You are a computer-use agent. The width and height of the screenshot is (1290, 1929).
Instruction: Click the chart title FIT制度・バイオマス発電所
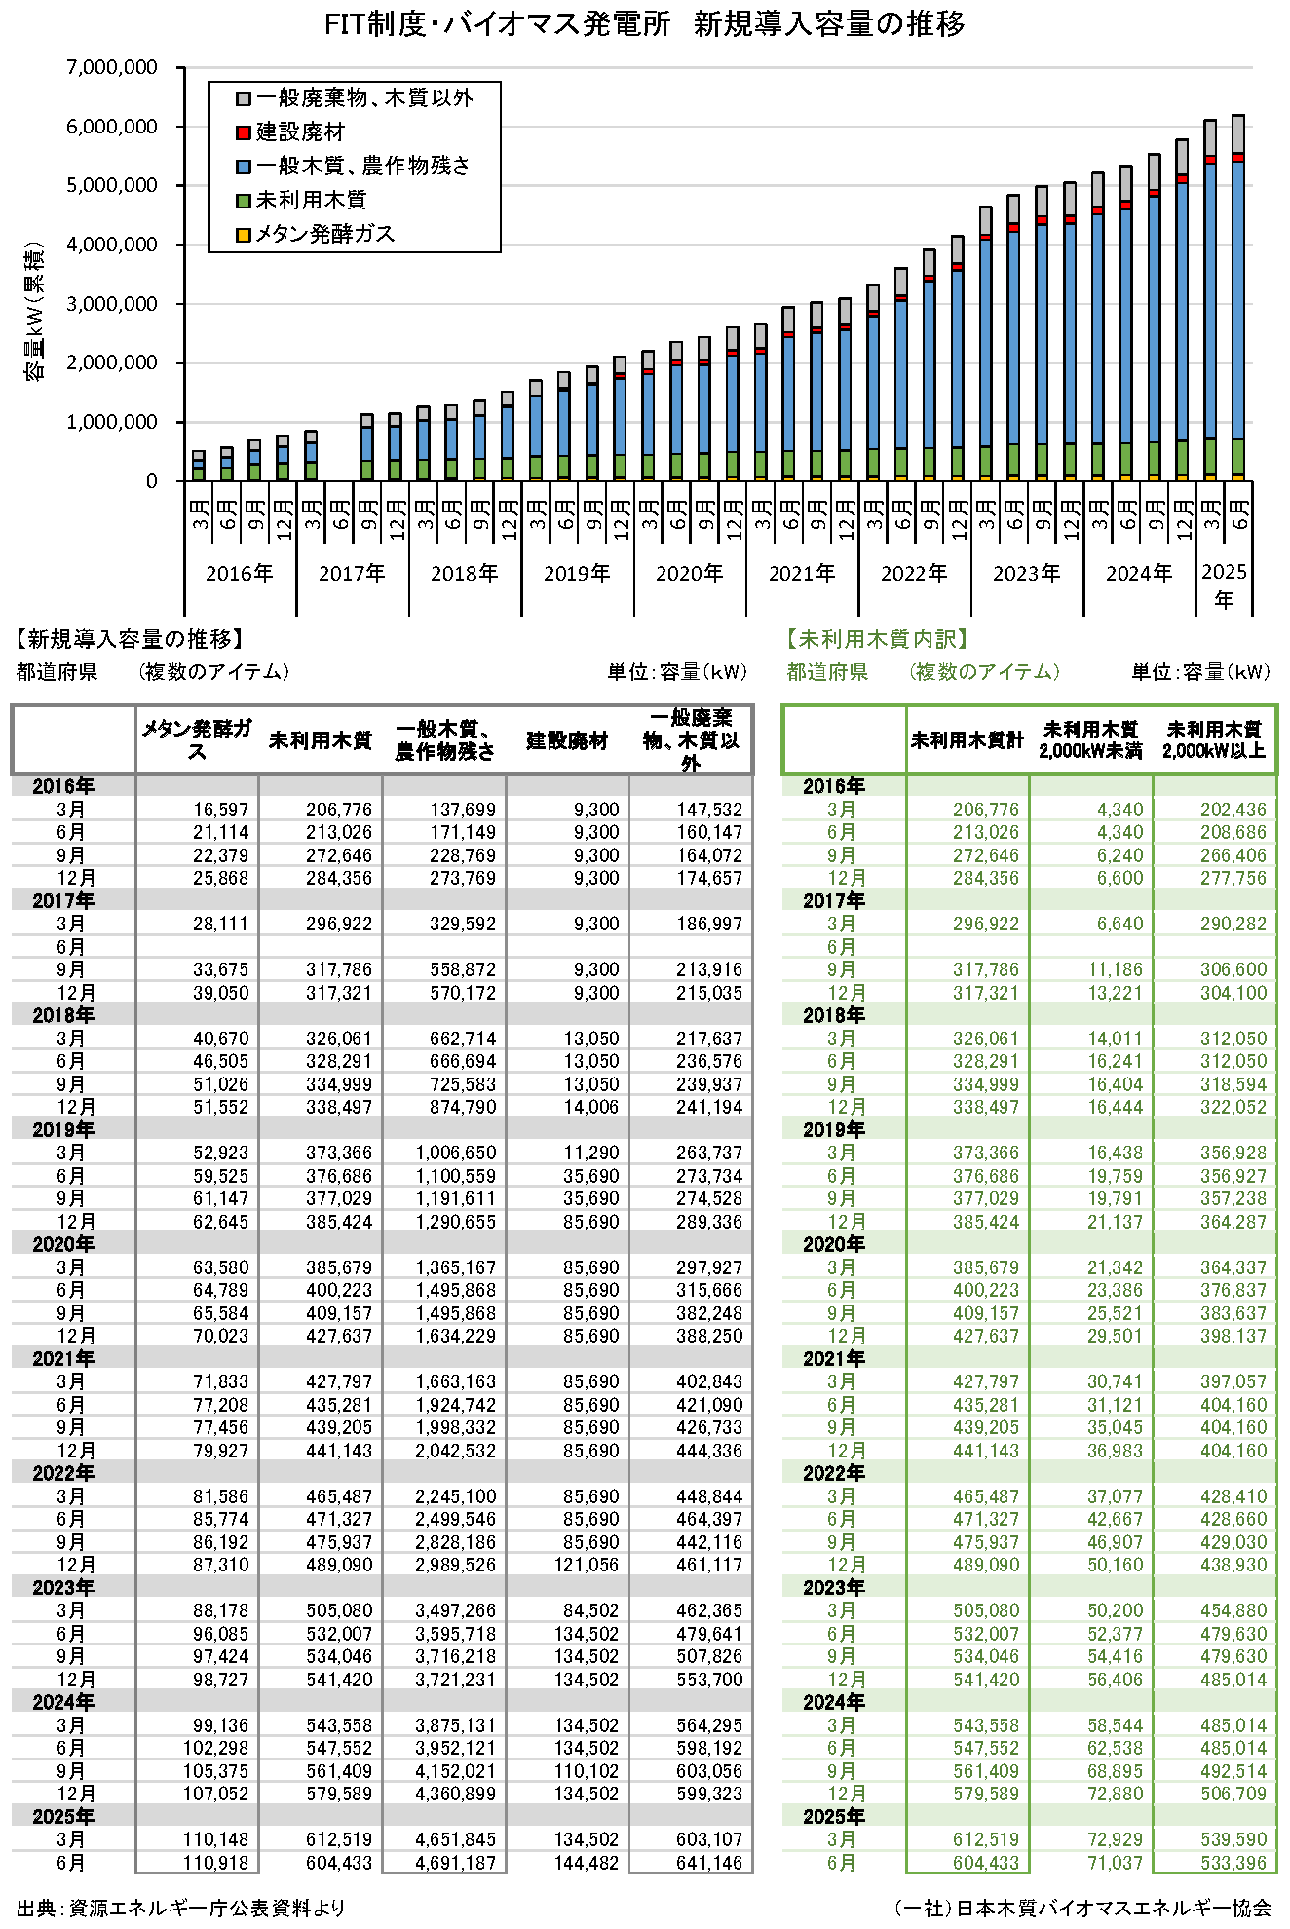pyautogui.click(x=497, y=24)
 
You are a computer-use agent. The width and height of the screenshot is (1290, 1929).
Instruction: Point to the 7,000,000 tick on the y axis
pyautogui.click(x=112, y=67)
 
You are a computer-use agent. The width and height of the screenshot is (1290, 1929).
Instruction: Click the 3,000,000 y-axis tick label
pyautogui.click(x=112, y=304)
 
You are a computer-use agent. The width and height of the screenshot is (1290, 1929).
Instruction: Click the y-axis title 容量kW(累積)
pyautogui.click(x=35, y=312)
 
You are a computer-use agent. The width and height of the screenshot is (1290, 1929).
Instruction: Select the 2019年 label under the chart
pyautogui.click(x=577, y=574)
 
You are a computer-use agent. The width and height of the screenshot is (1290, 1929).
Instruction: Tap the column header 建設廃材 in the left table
pyautogui.click(x=567, y=741)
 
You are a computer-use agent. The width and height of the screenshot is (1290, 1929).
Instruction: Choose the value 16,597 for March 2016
pyautogui.click(x=220, y=810)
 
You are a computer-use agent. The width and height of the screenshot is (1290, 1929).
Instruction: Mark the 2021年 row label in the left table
pyautogui.click(x=63, y=1359)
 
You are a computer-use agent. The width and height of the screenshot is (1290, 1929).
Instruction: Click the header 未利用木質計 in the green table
pyautogui.click(x=967, y=741)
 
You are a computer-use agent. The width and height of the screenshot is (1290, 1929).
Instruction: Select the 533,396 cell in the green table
pyautogui.click(x=1233, y=1863)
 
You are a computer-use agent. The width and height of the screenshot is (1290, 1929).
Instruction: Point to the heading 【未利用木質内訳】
pyautogui.click(x=878, y=639)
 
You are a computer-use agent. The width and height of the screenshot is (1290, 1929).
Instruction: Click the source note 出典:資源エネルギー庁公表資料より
pyautogui.click(x=181, y=1908)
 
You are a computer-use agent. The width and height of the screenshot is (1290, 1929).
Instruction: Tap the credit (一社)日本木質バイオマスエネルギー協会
pyautogui.click(x=1082, y=1908)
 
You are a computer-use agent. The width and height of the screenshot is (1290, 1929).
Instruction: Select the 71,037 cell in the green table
pyautogui.click(x=1115, y=1863)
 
